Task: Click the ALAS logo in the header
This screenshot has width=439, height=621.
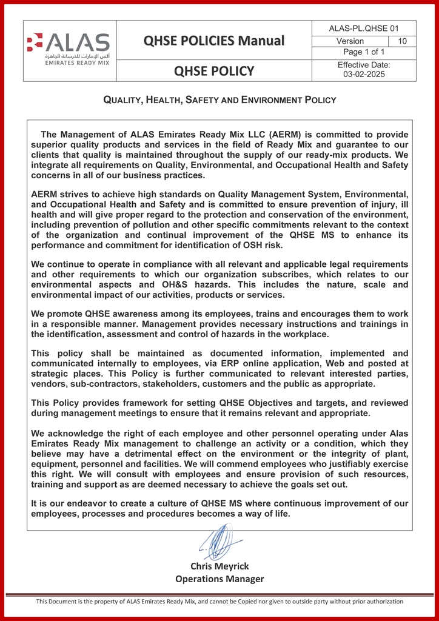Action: [x=69, y=43]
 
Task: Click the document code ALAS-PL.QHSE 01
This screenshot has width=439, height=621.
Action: [x=364, y=29]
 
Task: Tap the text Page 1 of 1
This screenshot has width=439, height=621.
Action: [x=364, y=52]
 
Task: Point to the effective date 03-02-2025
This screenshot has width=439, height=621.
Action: [x=364, y=75]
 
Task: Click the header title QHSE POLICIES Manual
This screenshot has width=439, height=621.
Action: [x=214, y=41]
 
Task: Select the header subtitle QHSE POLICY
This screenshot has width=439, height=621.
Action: [x=214, y=72]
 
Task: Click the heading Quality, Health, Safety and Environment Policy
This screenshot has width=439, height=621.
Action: [x=219, y=99]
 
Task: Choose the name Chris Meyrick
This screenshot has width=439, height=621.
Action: [x=219, y=566]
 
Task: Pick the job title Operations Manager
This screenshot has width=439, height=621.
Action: [x=219, y=579]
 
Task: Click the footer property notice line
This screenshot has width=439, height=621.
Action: [x=219, y=602]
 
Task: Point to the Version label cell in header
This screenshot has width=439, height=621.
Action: [x=350, y=41]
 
